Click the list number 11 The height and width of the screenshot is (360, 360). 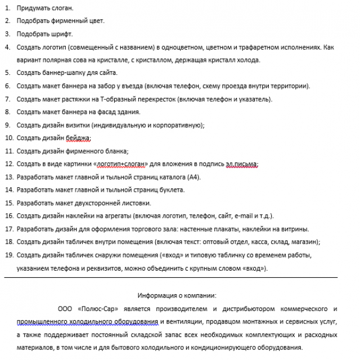point(8,151)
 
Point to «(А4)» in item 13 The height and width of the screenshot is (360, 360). point(192,177)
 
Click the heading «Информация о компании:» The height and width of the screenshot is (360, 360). point(177,295)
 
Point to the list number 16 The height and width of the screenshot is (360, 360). point(8,215)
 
